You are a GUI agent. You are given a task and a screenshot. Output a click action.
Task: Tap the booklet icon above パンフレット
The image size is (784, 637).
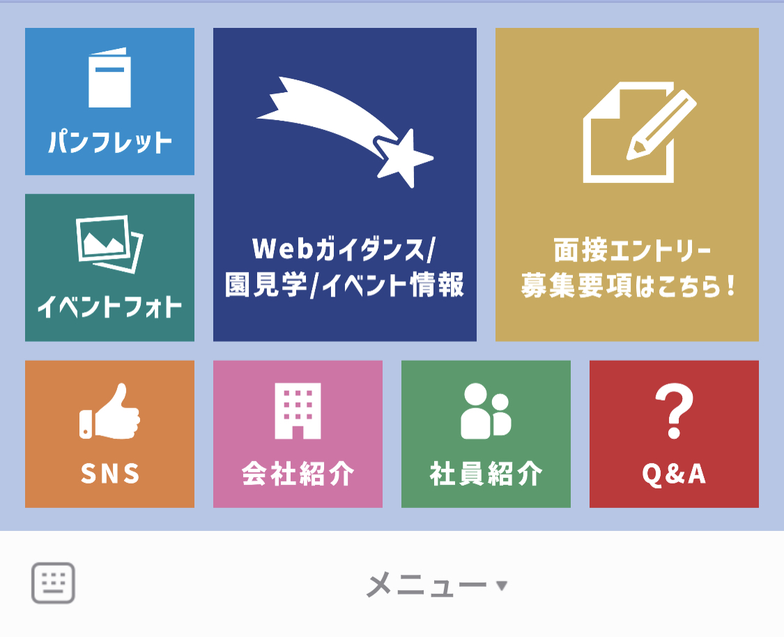[x=109, y=77]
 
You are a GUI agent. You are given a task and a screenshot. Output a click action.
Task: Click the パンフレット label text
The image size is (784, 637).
[x=110, y=142]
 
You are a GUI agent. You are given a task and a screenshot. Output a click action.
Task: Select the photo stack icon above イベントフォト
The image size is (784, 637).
[x=109, y=244]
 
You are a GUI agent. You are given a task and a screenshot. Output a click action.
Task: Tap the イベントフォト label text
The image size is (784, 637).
[x=109, y=306]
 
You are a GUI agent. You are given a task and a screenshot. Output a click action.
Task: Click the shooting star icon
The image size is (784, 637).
[x=345, y=132]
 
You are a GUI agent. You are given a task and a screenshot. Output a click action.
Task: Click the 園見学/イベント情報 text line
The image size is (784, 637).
[x=344, y=285]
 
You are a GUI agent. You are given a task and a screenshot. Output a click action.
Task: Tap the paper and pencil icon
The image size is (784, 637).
[x=640, y=132]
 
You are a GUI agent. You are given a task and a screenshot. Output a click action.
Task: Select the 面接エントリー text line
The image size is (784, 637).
[x=633, y=250]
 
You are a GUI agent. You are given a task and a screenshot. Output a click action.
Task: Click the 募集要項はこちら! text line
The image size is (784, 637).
[x=628, y=286]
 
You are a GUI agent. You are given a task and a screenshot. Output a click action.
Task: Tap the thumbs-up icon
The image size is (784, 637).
[x=109, y=412]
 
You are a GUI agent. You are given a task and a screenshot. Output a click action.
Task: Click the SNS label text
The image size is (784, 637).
[x=110, y=473]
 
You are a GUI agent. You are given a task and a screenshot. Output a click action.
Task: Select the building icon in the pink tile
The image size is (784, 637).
[x=298, y=411]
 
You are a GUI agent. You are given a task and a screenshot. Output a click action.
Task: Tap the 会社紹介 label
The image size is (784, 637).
[x=298, y=473]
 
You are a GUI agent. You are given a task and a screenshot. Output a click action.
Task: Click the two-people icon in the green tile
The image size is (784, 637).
[x=486, y=412]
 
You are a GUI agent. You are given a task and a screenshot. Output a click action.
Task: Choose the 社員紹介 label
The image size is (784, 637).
[x=486, y=473]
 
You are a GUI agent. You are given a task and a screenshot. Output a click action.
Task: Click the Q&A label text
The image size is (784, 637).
[x=674, y=473]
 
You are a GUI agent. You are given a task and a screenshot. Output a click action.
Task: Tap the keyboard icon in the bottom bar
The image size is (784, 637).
[x=53, y=583]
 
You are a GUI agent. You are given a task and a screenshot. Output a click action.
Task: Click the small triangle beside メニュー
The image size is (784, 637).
[x=502, y=585]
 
